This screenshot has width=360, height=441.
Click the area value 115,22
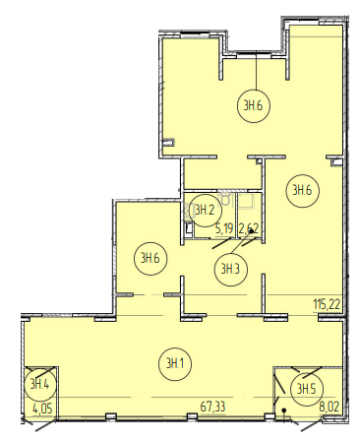[x=327, y=305]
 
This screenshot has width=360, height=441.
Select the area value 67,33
[x=212, y=407]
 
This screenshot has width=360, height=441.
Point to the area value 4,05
[x=42, y=409]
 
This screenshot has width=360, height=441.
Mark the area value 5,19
[x=224, y=228]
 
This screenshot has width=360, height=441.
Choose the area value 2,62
[x=249, y=228]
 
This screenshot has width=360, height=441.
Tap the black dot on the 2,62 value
[x=252, y=231]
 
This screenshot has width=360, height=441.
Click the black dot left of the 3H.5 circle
[x=284, y=410]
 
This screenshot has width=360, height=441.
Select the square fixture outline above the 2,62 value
[x=246, y=201]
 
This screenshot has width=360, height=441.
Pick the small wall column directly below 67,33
[x=192, y=416]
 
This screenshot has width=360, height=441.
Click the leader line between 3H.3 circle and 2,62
[x=241, y=242]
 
